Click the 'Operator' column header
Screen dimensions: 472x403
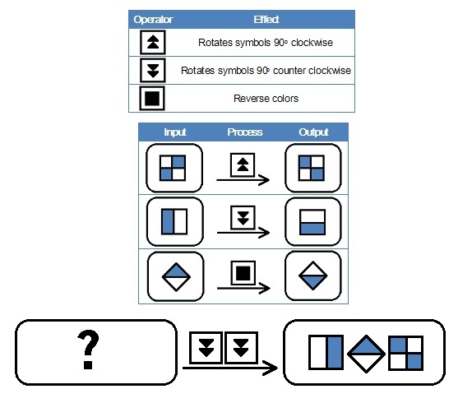153,20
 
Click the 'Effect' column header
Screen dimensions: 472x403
266,20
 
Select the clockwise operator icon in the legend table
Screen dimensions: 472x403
153,42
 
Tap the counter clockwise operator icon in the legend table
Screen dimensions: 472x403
153,71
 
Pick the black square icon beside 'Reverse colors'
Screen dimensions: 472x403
152,99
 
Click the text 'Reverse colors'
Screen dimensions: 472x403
266,99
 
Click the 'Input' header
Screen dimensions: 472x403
175,132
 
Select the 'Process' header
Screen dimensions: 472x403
245,132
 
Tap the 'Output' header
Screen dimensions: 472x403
313,132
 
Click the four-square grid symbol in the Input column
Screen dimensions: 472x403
173,168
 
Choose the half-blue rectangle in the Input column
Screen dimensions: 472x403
174,221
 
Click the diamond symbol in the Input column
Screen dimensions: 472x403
176,277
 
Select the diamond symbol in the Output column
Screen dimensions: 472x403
313,276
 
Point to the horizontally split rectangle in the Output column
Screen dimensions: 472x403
312,222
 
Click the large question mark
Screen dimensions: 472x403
88,349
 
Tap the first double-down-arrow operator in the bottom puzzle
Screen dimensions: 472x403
206,348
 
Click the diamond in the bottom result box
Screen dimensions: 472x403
366,354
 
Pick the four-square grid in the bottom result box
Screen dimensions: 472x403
406,353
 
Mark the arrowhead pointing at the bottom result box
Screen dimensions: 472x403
271,368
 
